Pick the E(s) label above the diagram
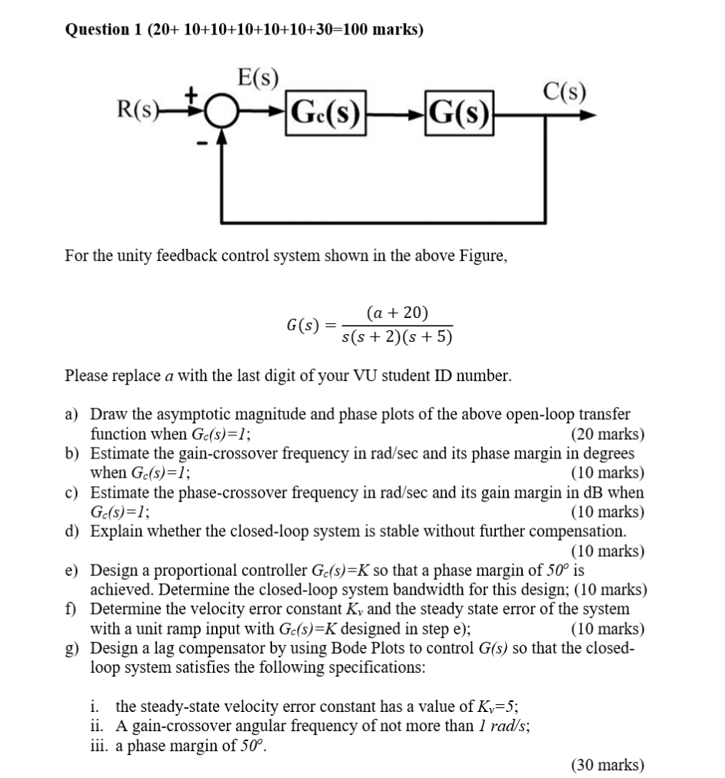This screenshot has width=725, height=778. [x=259, y=77]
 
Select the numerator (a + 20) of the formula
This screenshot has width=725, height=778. [x=397, y=313]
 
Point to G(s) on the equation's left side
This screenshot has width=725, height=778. [x=302, y=325]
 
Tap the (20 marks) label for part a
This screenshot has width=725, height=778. [x=608, y=434]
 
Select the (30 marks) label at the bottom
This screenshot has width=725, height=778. [x=607, y=764]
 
